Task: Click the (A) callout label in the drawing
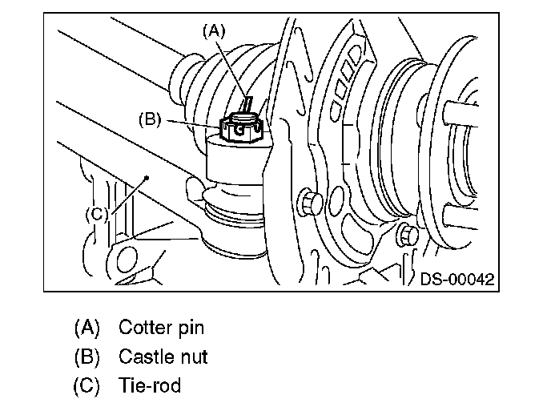click(214, 31)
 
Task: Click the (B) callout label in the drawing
click(150, 119)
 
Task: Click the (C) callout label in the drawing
click(97, 214)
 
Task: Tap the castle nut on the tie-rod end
click(241, 128)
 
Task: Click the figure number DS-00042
click(457, 279)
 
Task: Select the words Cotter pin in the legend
click(161, 327)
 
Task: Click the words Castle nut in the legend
click(163, 357)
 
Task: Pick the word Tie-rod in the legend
click(150, 385)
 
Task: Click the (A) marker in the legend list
click(87, 327)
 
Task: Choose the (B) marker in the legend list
click(87, 357)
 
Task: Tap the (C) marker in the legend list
click(86, 385)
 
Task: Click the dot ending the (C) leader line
click(147, 178)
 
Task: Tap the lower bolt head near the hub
click(408, 235)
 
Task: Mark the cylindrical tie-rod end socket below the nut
click(236, 161)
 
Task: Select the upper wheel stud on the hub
click(461, 113)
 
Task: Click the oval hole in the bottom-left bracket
click(127, 260)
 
